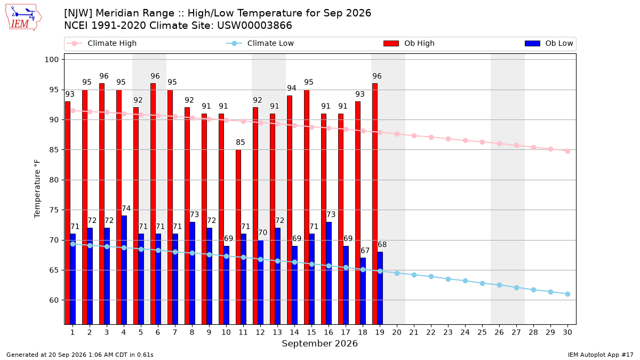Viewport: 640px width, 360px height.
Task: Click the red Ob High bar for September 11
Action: pyautogui.click(x=238, y=237)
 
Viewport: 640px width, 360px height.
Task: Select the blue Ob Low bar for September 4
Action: pyautogui.click(x=124, y=270)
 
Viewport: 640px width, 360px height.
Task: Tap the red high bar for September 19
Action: pyautogui.click(x=375, y=204)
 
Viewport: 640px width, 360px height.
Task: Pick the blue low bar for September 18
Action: pyautogui.click(x=363, y=291)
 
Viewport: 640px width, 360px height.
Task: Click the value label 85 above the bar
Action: pyautogui.click(x=241, y=142)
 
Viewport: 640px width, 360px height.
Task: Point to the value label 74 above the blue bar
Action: pyautogui.click(x=126, y=209)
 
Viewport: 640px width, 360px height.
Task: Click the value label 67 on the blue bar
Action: pyautogui.click(x=365, y=251)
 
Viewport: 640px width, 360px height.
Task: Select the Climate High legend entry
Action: pyautogui.click(x=102, y=43)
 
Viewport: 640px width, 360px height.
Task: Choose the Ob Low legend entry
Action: pyautogui.click(x=549, y=43)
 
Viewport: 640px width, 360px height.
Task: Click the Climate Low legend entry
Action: pyautogui.click(x=260, y=43)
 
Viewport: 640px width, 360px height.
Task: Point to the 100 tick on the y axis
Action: pyautogui.click(x=51, y=60)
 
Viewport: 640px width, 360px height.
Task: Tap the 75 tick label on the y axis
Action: pyautogui.click(x=54, y=210)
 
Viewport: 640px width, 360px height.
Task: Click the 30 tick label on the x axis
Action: pyautogui.click(x=567, y=332)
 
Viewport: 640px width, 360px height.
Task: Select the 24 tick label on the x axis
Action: pyautogui.click(x=465, y=332)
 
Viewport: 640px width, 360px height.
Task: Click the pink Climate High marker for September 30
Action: pyautogui.click(x=567, y=151)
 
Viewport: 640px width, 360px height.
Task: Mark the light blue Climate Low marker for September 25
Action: pyautogui.click(x=482, y=283)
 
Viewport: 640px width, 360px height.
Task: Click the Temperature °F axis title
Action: pyautogui.click(x=37, y=189)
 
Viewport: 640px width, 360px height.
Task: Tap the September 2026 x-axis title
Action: pyautogui.click(x=319, y=343)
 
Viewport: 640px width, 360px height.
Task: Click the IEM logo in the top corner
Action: pyautogui.click(x=23, y=18)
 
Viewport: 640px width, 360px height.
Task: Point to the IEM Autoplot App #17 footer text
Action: pyautogui.click(x=601, y=355)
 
